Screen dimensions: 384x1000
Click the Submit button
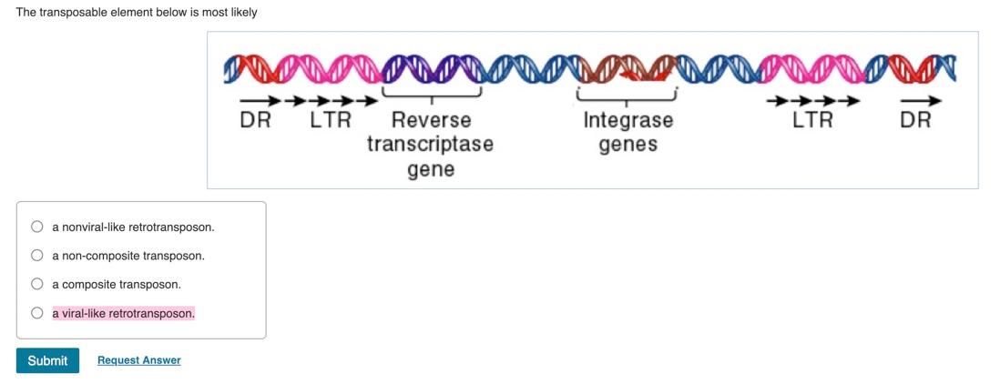click(47, 360)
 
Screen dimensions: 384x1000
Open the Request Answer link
click(138, 360)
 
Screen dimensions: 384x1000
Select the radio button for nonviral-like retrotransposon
click(37, 227)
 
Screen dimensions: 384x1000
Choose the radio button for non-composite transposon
click(37, 256)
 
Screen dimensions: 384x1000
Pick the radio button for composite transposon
click(37, 284)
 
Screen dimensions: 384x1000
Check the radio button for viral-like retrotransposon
click(37, 313)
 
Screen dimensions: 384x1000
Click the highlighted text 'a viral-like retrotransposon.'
click(123, 313)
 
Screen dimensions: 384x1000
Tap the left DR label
click(255, 120)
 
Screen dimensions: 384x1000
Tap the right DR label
click(915, 120)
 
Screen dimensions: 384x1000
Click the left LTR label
click(330, 120)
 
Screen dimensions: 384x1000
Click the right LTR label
click(811, 120)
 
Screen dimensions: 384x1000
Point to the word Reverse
click(431, 120)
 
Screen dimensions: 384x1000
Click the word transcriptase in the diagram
click(430, 144)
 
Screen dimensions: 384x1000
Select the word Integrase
click(628, 120)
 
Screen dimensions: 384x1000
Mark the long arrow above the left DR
click(260, 100)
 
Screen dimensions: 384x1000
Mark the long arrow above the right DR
click(921, 100)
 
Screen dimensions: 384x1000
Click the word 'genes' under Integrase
click(628, 145)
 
